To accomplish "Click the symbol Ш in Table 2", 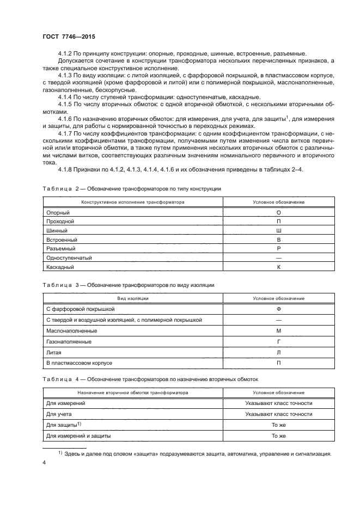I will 278,231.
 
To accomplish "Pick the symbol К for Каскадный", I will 278,267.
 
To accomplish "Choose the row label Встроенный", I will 62,240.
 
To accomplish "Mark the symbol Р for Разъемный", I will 278,249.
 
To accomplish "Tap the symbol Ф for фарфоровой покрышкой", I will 278,309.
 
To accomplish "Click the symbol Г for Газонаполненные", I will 278,341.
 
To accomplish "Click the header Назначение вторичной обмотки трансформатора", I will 133,392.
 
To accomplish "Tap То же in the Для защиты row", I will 278,425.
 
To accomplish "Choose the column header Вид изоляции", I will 133,298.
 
